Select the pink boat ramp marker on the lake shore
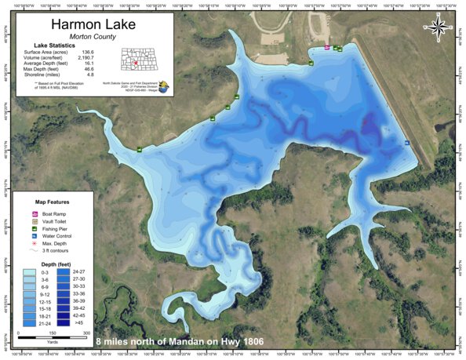pos(327,48)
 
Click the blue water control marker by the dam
pos(407,142)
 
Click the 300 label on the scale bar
pos(86,333)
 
